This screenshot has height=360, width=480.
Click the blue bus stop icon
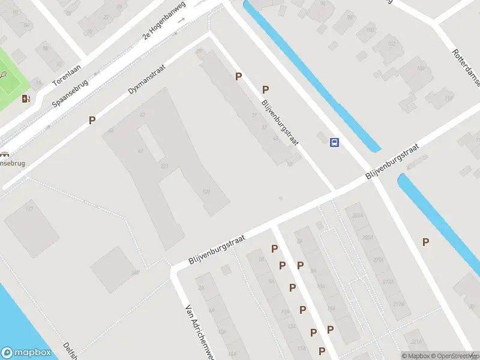335,142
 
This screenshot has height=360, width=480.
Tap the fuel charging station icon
26,98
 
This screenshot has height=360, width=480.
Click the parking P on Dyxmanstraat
92,120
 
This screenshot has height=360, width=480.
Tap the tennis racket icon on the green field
5,76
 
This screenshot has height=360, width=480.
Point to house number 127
29,208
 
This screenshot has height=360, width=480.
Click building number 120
206,192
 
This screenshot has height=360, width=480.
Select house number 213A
387,281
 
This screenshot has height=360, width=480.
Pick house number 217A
398,304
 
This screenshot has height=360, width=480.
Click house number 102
392,44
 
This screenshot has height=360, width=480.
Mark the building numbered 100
370,29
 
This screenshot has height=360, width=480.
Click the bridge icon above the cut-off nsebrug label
5,152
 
